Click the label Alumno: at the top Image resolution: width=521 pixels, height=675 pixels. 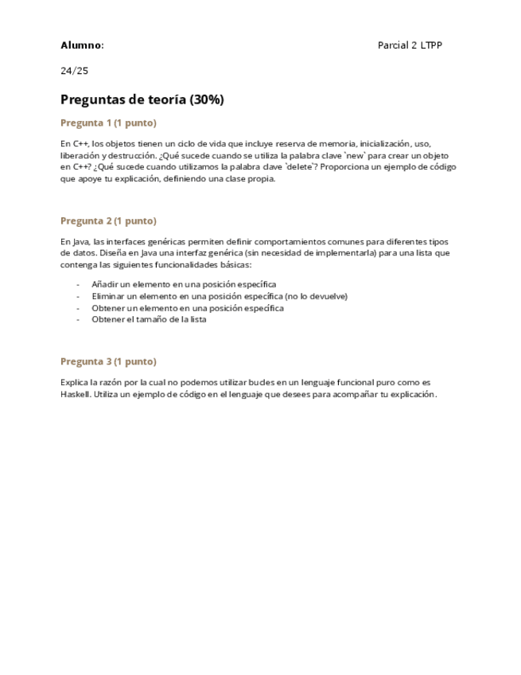(x=82, y=45)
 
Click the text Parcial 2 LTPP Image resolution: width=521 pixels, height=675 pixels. (x=410, y=45)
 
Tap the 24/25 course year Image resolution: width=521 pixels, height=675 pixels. (x=74, y=71)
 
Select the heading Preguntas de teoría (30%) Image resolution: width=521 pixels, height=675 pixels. (x=142, y=99)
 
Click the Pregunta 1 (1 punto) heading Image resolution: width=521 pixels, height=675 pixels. (x=108, y=123)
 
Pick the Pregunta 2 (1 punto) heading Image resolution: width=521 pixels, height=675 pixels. (x=108, y=220)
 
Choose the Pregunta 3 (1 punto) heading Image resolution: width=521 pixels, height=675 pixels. (x=108, y=361)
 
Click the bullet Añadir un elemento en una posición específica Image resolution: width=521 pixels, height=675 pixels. (x=184, y=284)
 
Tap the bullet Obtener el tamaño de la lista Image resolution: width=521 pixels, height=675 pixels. (x=149, y=319)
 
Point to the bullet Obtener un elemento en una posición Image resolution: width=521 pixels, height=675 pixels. (x=188, y=308)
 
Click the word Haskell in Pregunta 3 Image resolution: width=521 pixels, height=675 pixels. (x=76, y=394)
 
